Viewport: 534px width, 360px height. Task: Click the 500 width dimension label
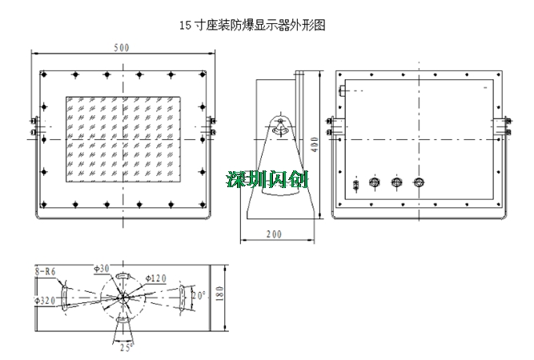pos(122,47)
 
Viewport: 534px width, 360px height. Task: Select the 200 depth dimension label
pos(274,234)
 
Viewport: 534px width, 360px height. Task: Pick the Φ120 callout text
pos(155,278)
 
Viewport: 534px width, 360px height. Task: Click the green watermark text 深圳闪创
pos(267,178)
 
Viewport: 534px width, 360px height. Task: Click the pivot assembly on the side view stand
pos(279,125)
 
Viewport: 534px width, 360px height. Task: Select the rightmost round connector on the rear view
pos(417,183)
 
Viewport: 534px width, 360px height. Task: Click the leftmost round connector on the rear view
pos(373,183)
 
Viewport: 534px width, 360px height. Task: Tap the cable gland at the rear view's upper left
pos(343,90)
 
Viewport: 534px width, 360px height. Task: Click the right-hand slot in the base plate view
pos(186,295)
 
